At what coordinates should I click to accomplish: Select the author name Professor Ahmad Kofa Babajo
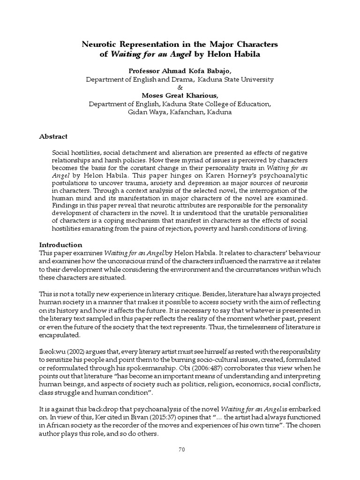point(180,71)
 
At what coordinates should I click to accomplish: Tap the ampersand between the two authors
point(180,88)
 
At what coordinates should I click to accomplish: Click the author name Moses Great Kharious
point(180,96)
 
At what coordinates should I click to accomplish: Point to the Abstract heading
point(53,136)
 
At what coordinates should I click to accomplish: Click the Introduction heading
point(60,245)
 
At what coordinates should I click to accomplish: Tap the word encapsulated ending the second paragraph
point(60,336)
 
